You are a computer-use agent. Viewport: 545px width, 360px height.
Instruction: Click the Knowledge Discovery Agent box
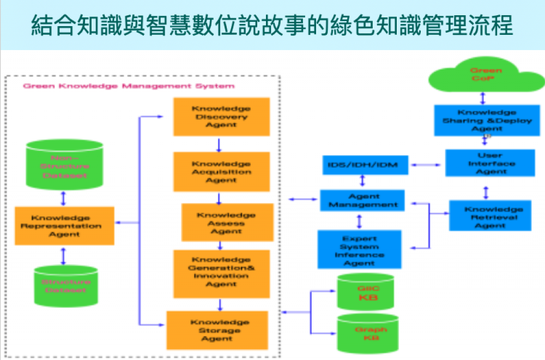point(221,117)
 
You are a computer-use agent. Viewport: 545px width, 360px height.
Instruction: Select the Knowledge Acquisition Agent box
point(221,172)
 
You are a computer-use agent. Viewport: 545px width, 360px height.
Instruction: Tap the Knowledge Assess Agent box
point(227,222)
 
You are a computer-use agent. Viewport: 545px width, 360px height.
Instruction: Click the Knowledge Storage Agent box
point(217,330)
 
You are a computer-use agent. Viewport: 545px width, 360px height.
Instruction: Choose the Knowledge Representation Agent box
point(64,226)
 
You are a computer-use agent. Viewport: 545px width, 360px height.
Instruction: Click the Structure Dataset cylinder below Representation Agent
point(65,286)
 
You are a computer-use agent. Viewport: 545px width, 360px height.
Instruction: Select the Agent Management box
point(362,200)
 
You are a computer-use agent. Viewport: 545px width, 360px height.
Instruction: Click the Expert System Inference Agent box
point(359,250)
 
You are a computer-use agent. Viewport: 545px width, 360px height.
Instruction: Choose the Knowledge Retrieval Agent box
point(490,216)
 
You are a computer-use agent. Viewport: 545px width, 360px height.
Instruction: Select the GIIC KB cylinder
point(365,292)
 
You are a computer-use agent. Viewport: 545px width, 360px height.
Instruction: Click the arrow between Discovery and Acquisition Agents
point(219,144)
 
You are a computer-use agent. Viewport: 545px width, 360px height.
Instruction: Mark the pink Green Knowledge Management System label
point(129,86)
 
